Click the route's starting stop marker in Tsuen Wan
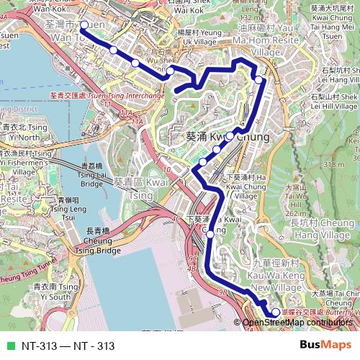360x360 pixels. tap(84, 25)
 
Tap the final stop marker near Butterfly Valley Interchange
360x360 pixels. tap(276, 312)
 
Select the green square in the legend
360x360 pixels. tap(9, 346)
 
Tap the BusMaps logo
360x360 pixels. tap(326, 345)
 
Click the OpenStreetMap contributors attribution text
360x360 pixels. tap(298, 323)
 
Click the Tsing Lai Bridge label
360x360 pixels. tap(91, 174)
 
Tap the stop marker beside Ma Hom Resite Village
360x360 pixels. tap(258, 79)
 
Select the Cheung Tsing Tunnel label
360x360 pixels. tap(29, 276)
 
